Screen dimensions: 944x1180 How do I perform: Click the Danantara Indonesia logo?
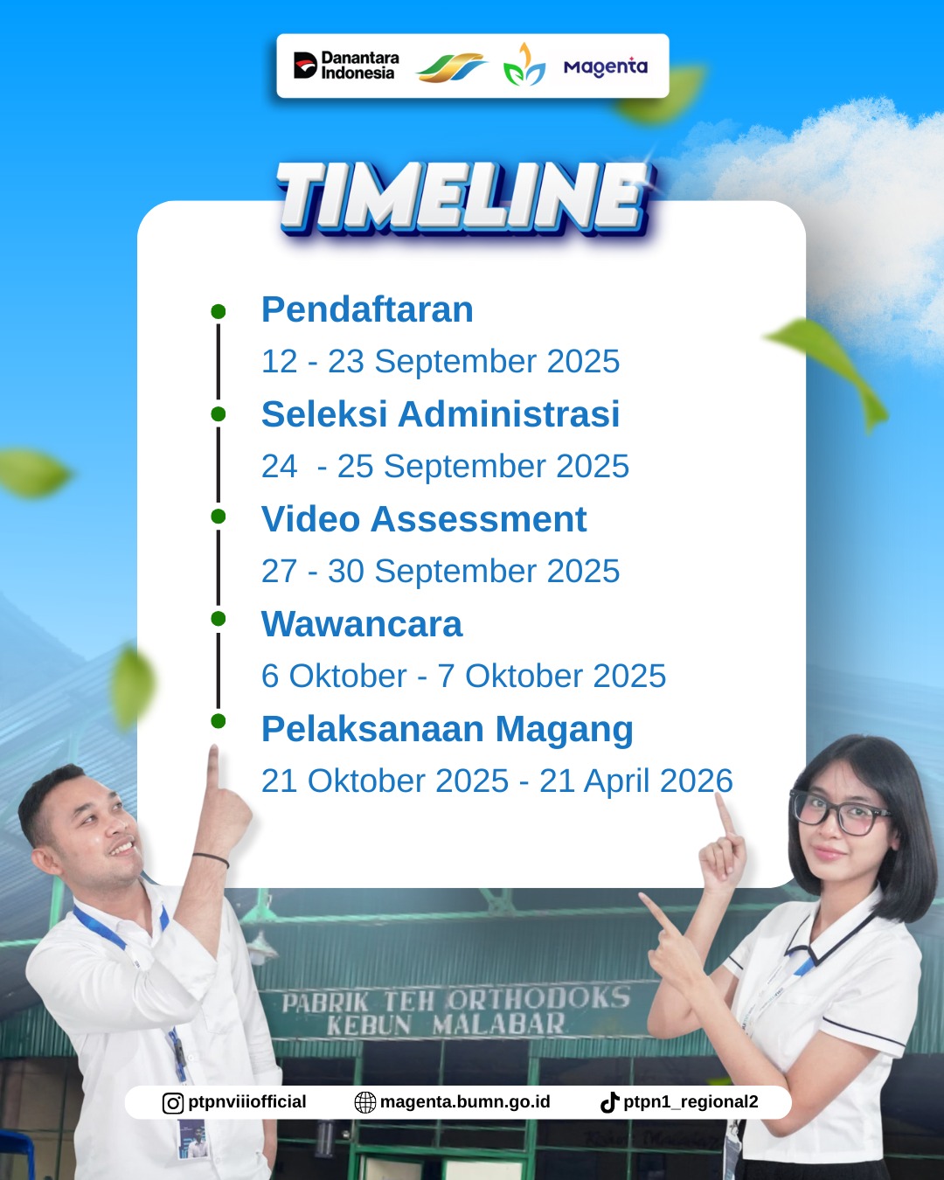pos(346,66)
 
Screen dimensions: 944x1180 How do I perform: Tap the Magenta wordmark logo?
pos(606,67)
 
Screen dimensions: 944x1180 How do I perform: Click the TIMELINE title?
pos(464,198)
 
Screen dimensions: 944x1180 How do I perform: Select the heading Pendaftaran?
pos(367,309)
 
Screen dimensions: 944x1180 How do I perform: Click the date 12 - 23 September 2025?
pos(441,361)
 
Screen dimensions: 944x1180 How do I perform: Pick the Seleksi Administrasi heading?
pos(441,413)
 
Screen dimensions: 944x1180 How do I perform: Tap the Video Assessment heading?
pos(424,518)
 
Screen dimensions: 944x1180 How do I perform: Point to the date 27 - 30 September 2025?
pos(441,571)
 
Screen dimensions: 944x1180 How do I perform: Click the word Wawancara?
pos(362,624)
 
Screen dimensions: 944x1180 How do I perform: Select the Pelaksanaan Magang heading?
pos(447,730)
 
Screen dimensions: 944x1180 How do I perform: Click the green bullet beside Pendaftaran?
pos(219,311)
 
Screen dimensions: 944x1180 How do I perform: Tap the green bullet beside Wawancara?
pos(219,619)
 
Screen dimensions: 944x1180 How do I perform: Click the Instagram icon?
pos(173,1103)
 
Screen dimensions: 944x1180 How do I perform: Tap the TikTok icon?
pos(609,1102)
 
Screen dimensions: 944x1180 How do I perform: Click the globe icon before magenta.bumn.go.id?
pos(364,1103)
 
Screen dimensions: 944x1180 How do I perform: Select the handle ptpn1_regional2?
pos(691,1102)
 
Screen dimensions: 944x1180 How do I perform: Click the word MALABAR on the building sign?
pos(498,1024)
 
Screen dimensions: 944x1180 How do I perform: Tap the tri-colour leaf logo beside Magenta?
pos(524,65)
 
